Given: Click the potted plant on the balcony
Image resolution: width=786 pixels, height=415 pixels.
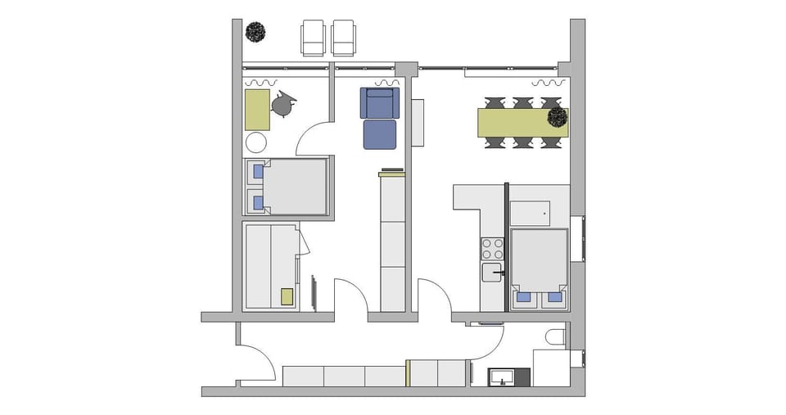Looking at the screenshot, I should coord(255,32).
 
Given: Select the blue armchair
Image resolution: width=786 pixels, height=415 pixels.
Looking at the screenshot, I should coord(379,103).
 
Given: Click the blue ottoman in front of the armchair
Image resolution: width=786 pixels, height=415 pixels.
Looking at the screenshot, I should coord(380,134).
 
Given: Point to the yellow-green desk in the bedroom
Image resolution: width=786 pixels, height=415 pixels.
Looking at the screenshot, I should coord(257,110).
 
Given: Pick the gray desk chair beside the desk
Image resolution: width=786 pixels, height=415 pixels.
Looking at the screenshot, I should coord(282,103).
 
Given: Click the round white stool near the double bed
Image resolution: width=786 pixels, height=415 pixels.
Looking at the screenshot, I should coord(256,143).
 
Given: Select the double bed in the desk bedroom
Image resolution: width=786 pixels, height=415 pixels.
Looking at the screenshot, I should coord(287,186).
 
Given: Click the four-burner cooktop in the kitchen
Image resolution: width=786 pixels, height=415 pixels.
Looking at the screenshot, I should coord(493,248).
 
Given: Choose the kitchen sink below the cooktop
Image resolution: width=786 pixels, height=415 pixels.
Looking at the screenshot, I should coord(492,272).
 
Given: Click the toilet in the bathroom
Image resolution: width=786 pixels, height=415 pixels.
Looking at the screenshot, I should coord(555,337).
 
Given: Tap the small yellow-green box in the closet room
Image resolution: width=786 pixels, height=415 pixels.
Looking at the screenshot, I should coord(287,296).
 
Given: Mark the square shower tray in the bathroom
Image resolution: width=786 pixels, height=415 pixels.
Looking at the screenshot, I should coord(550,367).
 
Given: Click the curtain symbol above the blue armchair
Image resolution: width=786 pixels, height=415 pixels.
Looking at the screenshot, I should coord(386,83).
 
